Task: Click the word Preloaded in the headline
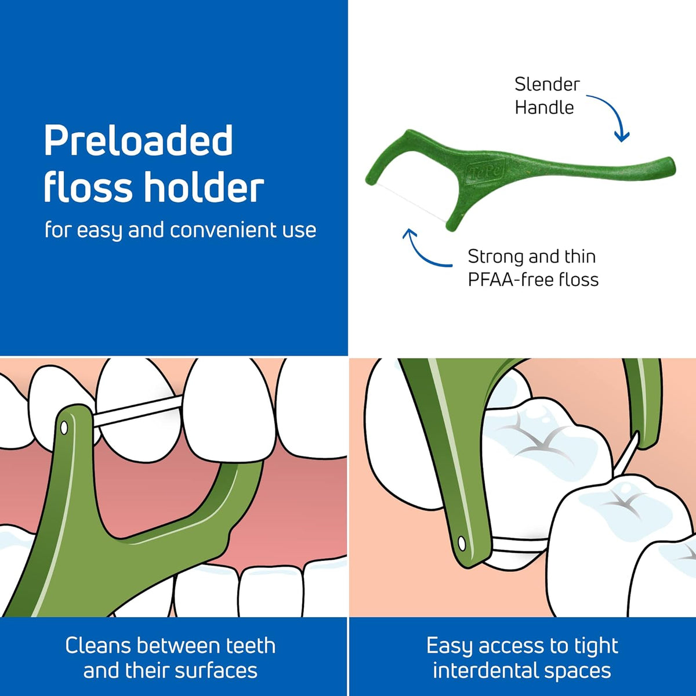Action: click(139, 140)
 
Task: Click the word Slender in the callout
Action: click(547, 85)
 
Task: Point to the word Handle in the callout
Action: click(544, 108)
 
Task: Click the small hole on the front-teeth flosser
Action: click(64, 428)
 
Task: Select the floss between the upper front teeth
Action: click(138, 414)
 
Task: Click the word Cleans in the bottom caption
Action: click(98, 646)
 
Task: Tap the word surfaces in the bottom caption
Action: click(216, 670)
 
